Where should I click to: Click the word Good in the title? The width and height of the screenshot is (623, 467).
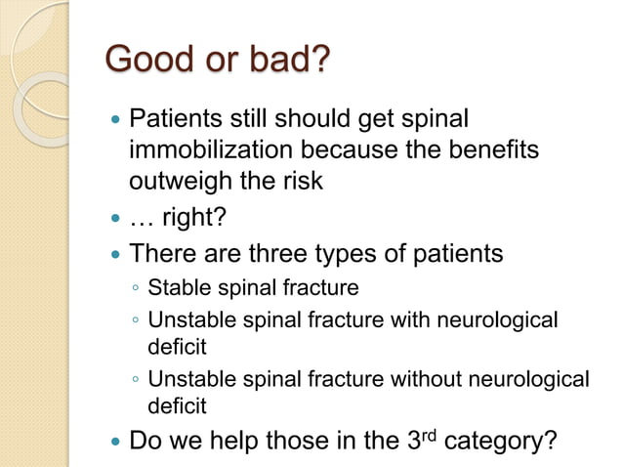[x=143, y=61]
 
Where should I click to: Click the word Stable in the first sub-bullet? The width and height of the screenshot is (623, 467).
[x=175, y=288]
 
